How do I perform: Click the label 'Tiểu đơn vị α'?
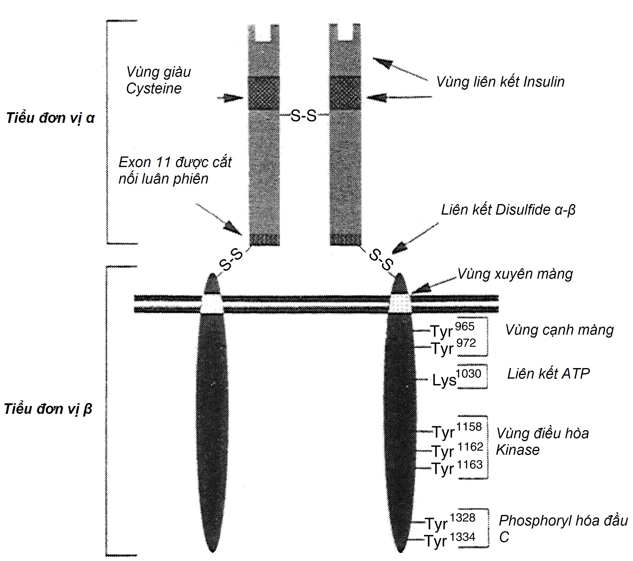(51, 118)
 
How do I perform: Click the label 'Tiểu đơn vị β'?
(48, 409)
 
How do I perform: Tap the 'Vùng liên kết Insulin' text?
(500, 82)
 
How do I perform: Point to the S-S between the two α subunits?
(304, 116)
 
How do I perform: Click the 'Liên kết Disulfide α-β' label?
(508, 210)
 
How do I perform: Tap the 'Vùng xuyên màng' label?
(515, 274)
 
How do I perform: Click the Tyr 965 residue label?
(452, 330)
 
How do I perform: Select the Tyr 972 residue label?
(453, 347)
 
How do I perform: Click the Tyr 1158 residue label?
(457, 431)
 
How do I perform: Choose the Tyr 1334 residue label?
(450, 541)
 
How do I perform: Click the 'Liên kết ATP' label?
(548, 374)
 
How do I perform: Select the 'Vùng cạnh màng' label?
(559, 330)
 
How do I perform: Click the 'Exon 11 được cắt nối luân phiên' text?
(175, 171)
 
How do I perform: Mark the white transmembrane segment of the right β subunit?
(400, 304)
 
